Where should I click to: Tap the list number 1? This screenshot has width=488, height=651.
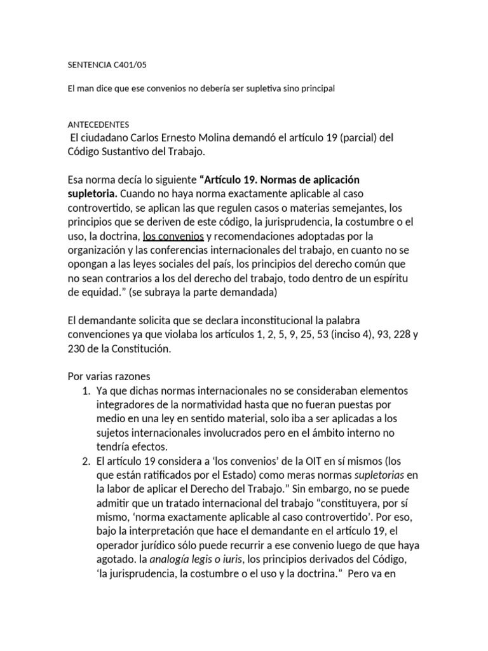(x=86, y=390)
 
